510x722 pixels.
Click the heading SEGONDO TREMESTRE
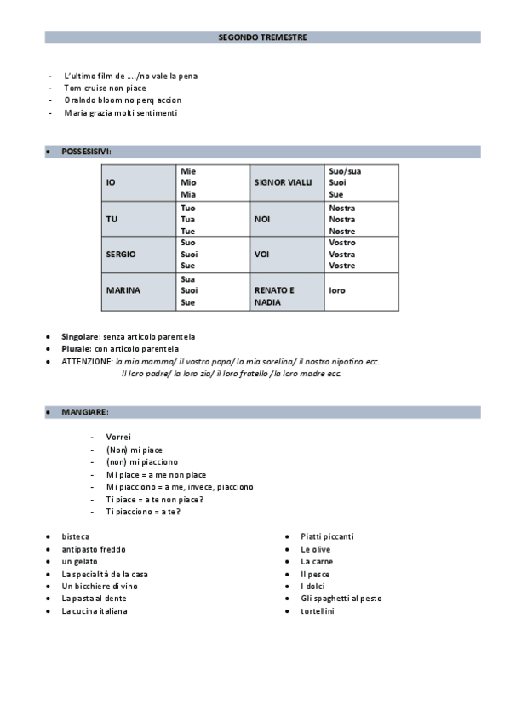point(262,37)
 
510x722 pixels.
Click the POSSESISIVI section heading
point(86,152)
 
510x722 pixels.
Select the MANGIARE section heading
point(84,412)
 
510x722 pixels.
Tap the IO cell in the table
point(111,183)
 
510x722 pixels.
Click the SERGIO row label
point(120,255)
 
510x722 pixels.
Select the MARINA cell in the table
point(123,290)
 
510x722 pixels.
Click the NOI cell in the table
point(261,219)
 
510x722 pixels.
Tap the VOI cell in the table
point(261,255)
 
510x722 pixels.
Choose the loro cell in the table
point(337,290)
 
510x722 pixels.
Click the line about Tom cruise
point(105,89)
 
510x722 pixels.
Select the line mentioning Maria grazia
point(120,112)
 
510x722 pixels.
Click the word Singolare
point(81,336)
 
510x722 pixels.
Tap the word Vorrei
point(118,438)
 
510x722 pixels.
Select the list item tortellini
point(318,611)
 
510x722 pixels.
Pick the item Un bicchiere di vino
point(100,587)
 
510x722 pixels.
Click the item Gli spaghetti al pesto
point(341,599)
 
